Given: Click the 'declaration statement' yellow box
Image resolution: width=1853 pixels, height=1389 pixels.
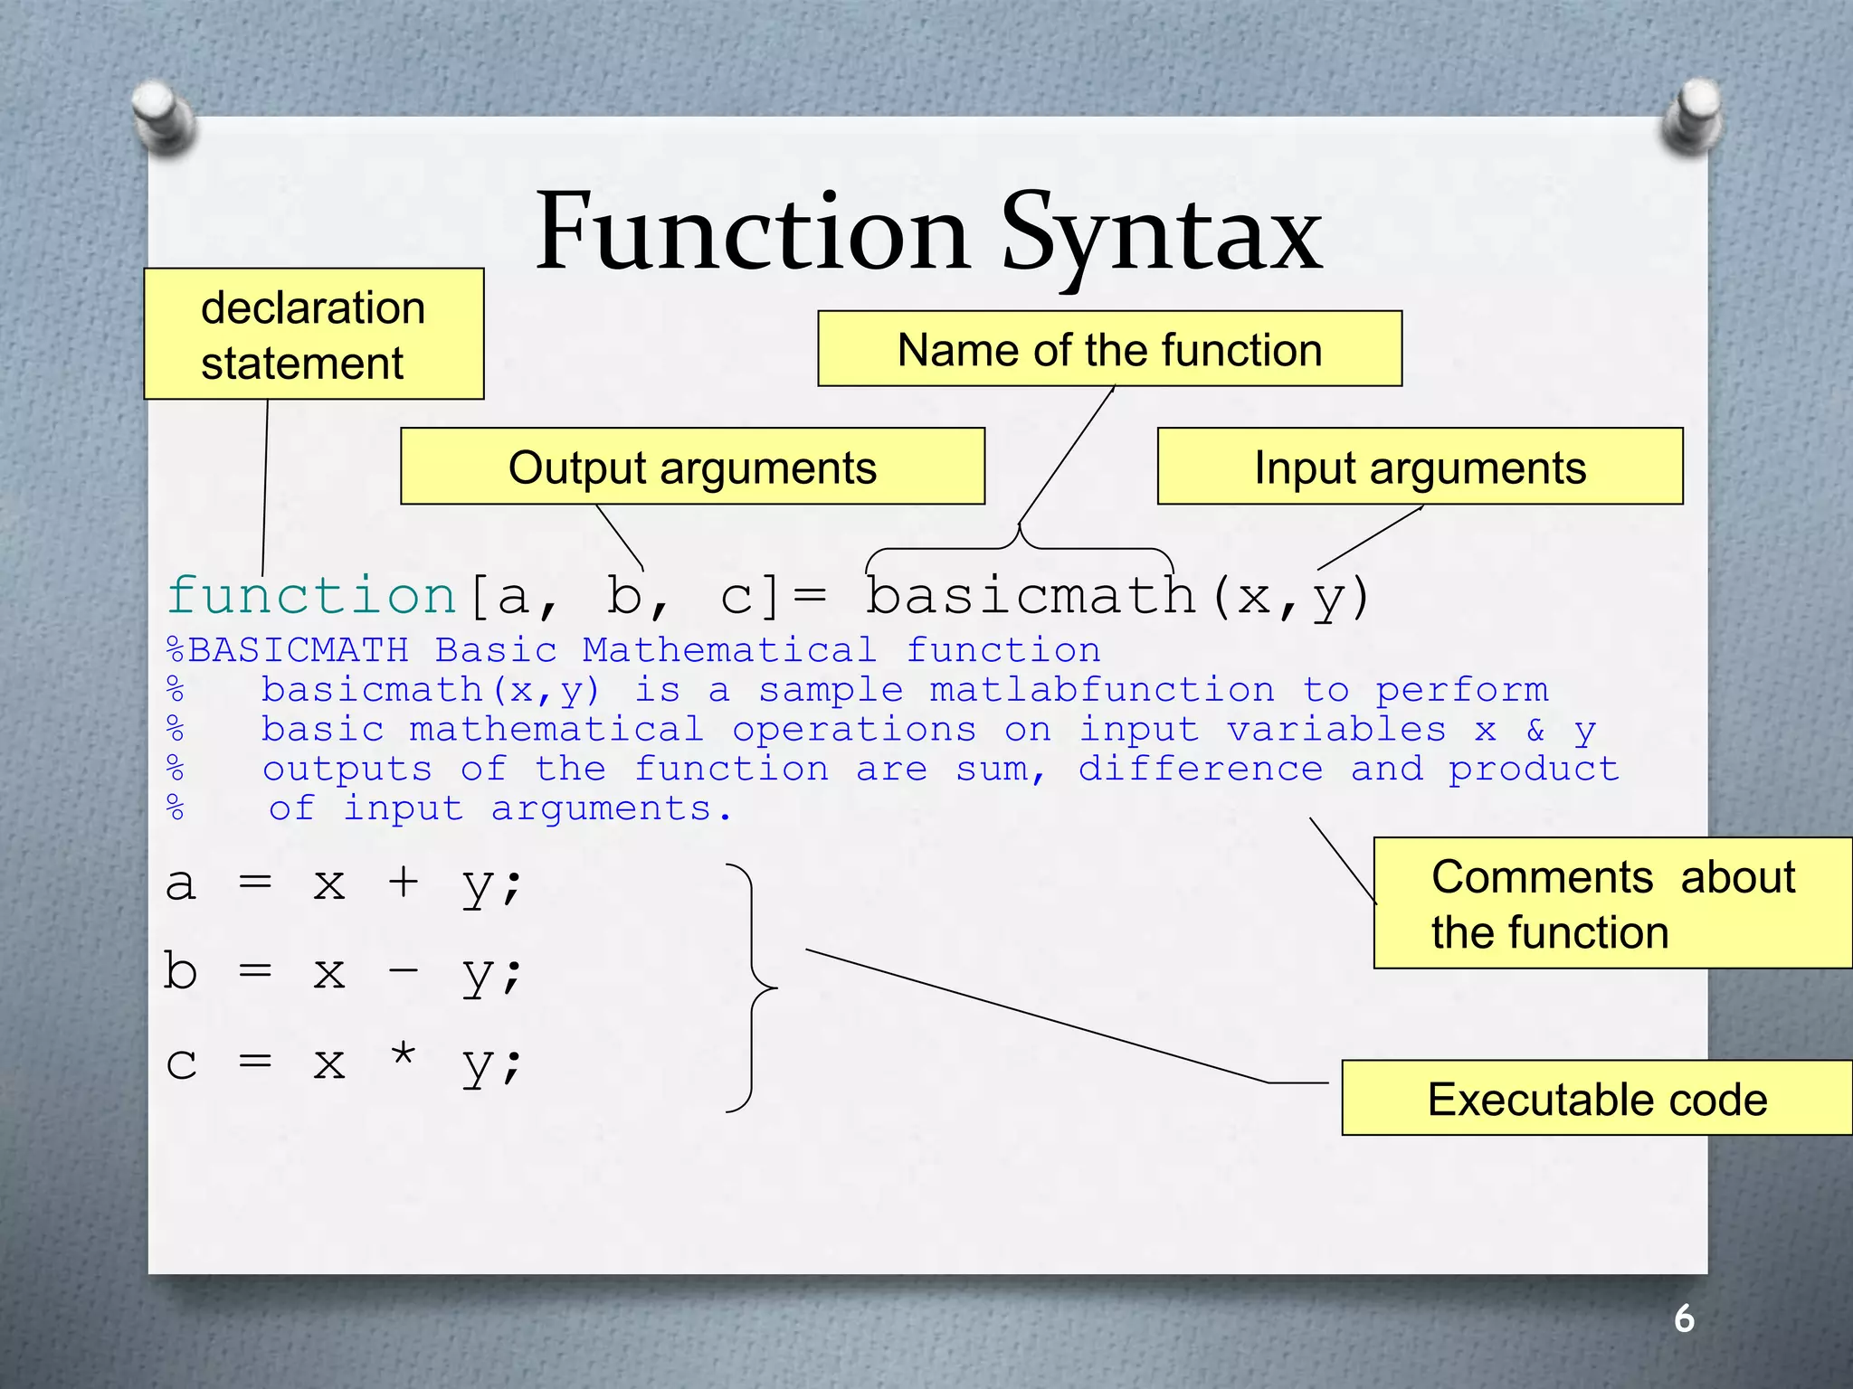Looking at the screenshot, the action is [313, 335].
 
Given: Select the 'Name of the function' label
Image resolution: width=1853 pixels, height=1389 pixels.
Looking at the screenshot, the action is [1109, 350].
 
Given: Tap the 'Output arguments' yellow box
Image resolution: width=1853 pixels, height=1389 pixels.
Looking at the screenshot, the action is [692, 468].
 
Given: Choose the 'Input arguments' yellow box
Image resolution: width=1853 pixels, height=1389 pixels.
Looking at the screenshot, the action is [1420, 468].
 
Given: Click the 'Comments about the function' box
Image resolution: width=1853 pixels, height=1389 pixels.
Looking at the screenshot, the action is [1612, 903].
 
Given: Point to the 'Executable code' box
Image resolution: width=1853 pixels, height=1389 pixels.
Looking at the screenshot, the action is [1597, 1099].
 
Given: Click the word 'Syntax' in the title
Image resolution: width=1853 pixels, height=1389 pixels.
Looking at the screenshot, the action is [1162, 235].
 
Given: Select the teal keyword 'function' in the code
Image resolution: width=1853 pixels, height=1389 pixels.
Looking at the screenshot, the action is [312, 597].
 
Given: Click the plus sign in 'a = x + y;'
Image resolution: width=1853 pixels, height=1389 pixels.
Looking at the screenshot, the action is [404, 882].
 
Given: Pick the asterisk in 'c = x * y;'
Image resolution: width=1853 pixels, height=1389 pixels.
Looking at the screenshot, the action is [404, 1055].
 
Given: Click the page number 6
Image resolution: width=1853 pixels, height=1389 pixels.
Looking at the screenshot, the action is [1684, 1318].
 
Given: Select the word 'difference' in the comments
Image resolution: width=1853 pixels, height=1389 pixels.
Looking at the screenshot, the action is [1201, 769].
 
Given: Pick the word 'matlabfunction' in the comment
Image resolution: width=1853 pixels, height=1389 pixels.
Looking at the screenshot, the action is [1102, 690].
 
